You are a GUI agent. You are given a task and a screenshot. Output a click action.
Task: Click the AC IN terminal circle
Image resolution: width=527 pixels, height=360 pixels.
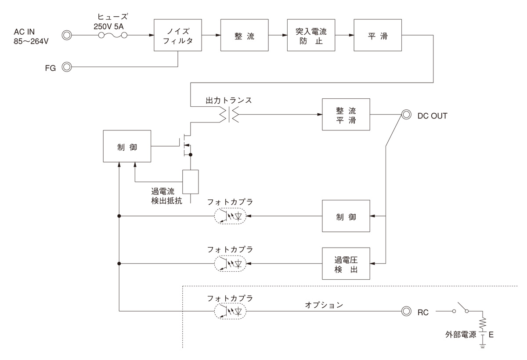[67, 35]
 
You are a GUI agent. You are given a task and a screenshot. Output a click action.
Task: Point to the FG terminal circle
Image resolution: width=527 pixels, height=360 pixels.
[67, 67]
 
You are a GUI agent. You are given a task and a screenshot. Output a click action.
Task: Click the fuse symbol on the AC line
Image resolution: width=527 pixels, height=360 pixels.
[112, 35]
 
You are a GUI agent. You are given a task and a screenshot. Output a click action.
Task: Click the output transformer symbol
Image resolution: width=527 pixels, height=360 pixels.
[228, 115]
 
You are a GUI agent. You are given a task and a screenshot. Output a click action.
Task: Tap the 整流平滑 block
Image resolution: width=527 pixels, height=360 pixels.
[346, 115]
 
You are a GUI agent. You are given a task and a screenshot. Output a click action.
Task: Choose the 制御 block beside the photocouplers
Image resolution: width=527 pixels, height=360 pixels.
[346, 216]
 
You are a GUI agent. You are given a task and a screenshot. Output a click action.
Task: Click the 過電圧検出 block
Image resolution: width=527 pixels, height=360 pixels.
[346, 263]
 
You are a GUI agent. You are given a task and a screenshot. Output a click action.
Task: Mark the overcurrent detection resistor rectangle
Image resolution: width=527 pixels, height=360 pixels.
[191, 181]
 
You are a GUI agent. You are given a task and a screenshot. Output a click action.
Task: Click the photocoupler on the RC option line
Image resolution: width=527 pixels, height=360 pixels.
[230, 311]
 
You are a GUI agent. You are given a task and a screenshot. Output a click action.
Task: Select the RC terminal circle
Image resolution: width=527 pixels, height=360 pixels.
[406, 311]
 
